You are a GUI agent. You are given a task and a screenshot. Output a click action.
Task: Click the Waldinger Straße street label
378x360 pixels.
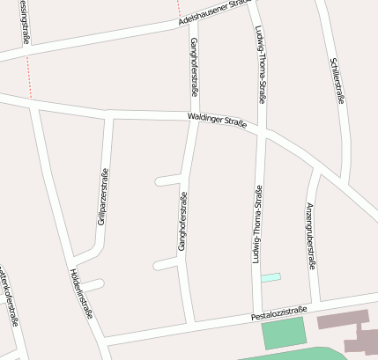(215, 119)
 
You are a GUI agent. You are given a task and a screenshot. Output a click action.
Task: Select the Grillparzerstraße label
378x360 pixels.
(102, 198)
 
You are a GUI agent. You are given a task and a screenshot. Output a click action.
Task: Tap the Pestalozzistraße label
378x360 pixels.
(278, 312)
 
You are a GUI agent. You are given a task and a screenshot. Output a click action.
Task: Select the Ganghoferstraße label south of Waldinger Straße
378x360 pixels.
(182, 222)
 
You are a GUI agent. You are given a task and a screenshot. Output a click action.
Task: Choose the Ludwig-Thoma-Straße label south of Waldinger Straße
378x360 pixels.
(257, 224)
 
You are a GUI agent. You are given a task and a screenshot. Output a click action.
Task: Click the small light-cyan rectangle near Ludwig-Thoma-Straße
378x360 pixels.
(271, 277)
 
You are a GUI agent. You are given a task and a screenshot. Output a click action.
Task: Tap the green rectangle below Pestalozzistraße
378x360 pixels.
(282, 334)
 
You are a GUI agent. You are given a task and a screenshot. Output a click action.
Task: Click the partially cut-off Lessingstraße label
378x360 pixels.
(21, 22)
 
